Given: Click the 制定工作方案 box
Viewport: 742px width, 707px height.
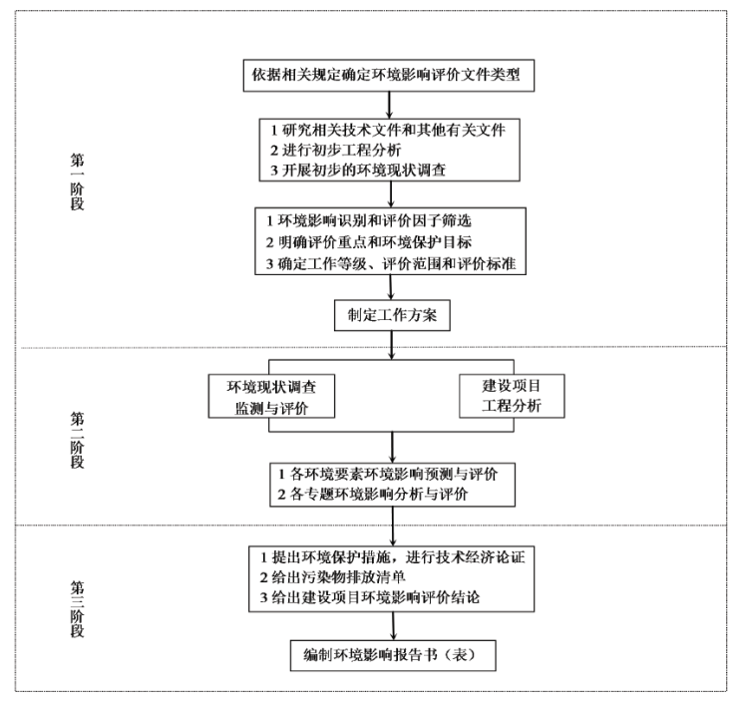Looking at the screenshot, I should (391, 315).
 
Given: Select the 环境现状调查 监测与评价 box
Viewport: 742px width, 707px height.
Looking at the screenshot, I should (270, 396).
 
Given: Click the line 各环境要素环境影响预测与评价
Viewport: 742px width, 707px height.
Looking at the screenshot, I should (391, 473).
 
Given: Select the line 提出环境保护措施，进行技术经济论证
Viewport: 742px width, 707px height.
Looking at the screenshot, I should (399, 556).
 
